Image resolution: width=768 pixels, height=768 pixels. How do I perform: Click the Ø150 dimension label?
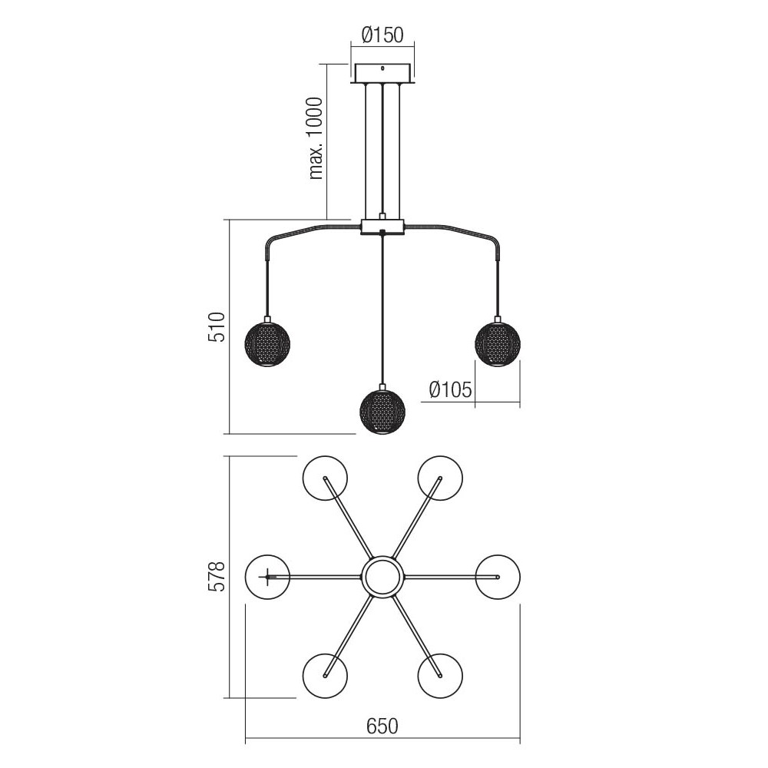click(382, 35)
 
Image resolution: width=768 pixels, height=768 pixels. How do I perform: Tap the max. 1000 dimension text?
click(316, 139)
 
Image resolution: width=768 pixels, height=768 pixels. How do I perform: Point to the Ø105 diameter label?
click(450, 390)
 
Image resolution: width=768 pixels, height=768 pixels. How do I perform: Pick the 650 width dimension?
click(382, 726)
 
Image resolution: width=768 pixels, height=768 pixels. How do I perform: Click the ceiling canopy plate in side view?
click(382, 74)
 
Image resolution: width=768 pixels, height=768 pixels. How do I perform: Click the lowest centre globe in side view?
click(382, 411)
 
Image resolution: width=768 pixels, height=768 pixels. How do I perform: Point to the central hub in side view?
click(382, 227)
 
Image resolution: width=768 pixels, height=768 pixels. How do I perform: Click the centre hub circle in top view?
click(382, 576)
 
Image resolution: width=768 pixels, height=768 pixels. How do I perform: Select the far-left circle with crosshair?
click(267, 576)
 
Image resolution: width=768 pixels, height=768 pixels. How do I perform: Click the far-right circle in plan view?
click(498, 576)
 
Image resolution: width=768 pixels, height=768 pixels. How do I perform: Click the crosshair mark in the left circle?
click(266, 576)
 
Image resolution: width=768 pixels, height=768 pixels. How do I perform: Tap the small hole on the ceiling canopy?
click(382, 69)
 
